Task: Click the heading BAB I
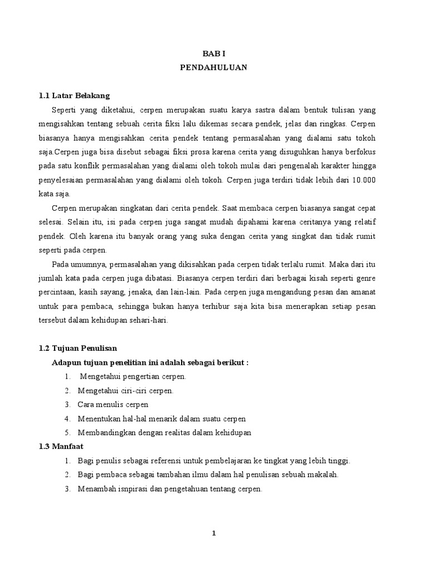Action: [x=213, y=54]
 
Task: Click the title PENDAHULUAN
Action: [x=213, y=67]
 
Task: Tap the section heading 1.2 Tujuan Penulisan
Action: [x=77, y=348]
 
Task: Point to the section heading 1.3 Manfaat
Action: [x=60, y=447]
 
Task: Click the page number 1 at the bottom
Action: [x=213, y=534]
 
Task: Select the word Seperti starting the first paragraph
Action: [x=65, y=109]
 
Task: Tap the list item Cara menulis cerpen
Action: [x=113, y=404]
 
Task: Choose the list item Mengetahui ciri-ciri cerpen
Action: [x=125, y=390]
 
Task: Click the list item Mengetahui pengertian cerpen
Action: [x=133, y=376]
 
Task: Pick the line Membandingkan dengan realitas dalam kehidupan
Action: [x=164, y=433]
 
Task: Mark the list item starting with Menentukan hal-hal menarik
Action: [x=162, y=419]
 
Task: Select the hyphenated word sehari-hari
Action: [x=152, y=320]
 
